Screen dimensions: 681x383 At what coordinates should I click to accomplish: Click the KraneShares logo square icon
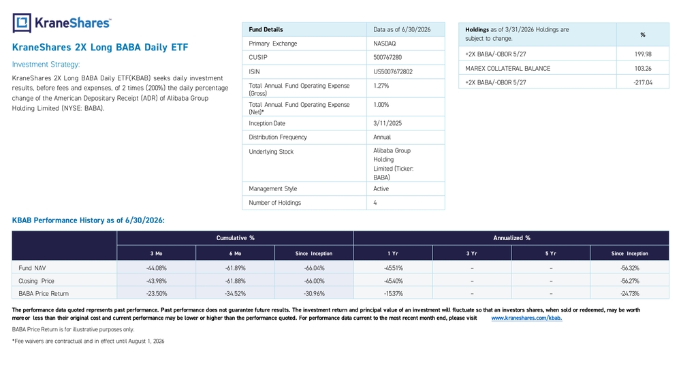(x=22, y=23)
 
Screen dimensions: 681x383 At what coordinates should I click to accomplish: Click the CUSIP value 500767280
(x=387, y=57)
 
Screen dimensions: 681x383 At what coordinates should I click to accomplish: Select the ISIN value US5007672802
(x=393, y=71)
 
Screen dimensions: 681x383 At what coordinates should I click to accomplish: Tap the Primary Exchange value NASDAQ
(x=384, y=44)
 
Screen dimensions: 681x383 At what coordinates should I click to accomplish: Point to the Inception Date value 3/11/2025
(x=387, y=123)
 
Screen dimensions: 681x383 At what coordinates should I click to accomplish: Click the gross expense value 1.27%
(x=381, y=86)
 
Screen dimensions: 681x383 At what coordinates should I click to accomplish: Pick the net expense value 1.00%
(x=381, y=105)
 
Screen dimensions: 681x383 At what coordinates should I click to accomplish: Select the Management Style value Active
(x=381, y=188)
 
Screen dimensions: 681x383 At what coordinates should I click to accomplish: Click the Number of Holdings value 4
(x=375, y=203)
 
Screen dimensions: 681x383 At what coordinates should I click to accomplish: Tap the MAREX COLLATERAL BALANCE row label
(x=508, y=69)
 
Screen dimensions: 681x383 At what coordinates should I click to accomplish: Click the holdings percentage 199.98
(x=643, y=54)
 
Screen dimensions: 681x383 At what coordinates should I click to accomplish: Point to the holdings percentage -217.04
(x=643, y=82)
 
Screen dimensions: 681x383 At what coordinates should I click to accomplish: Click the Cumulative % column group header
(x=236, y=238)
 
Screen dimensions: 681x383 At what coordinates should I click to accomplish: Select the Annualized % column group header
(x=511, y=238)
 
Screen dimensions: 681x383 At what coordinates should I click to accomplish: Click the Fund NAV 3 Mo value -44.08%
(x=157, y=268)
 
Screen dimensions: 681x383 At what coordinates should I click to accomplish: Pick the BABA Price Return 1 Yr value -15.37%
(x=393, y=294)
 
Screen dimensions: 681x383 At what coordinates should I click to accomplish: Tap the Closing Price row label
(x=36, y=281)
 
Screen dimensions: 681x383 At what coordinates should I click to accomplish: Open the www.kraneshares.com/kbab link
(x=526, y=318)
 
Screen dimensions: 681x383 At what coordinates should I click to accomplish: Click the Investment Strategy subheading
(x=46, y=65)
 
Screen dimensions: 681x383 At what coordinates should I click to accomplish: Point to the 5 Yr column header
(x=551, y=253)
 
